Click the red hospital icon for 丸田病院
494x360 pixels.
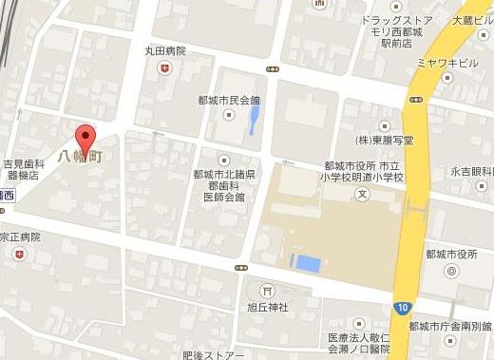(x=165, y=67)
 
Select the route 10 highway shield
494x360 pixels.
(x=404, y=306)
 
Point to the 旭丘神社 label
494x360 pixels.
(x=267, y=307)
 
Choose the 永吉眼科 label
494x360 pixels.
(x=472, y=173)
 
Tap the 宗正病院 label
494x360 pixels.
(x=20, y=236)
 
